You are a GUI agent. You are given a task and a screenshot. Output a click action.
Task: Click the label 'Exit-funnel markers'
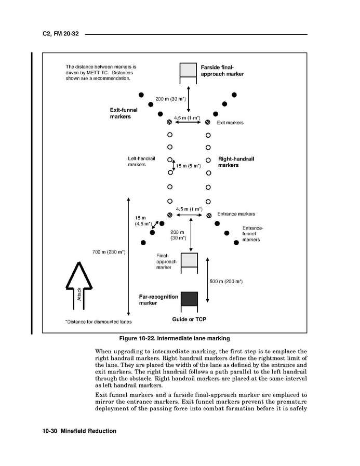click(120, 113)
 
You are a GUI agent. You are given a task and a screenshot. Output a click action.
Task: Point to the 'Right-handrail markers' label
click(236, 162)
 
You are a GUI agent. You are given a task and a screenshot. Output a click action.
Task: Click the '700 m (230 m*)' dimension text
click(109, 252)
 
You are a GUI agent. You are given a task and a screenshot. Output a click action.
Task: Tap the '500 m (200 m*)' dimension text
click(226, 281)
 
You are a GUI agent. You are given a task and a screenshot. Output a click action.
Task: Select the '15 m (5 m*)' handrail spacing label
click(188, 166)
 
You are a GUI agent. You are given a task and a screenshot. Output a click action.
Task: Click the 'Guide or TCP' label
click(189, 319)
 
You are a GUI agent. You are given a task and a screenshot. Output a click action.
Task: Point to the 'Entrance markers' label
click(236, 214)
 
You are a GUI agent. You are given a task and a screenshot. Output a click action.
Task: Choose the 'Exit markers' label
click(230, 123)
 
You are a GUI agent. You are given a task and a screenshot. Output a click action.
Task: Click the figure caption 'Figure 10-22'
click(174, 338)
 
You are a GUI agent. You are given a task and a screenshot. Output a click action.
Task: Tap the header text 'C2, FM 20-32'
click(60, 34)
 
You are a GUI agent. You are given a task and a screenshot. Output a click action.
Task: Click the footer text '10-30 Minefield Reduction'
click(79, 431)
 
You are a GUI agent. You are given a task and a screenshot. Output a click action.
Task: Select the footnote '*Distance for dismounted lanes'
click(98, 322)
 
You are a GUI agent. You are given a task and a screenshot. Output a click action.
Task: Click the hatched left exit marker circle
click(169, 122)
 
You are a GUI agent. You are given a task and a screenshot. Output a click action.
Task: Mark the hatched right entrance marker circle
click(208, 215)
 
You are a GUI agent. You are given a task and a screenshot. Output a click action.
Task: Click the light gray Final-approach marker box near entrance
click(189, 260)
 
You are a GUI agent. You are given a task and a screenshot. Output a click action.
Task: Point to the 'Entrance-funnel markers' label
click(252, 234)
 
